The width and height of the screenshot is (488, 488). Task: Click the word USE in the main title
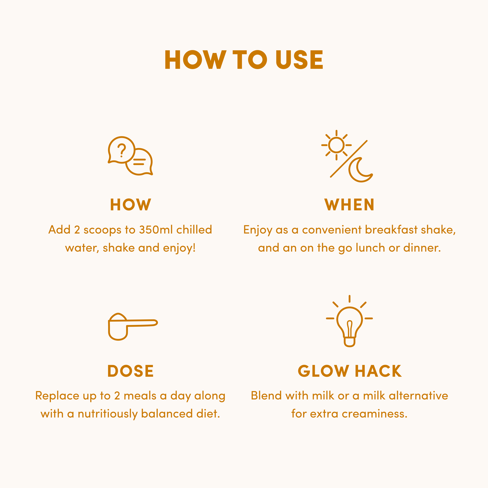[x=299, y=60]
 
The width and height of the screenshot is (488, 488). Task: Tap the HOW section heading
[x=131, y=205]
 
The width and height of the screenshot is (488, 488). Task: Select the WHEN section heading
[x=349, y=205]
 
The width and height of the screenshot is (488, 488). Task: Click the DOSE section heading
[x=131, y=371]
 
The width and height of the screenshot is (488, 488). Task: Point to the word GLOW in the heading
[x=323, y=371]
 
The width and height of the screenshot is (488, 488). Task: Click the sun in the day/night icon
[x=336, y=145]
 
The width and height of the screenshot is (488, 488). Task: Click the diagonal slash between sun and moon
[x=349, y=159]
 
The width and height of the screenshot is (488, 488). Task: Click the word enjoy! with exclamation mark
[x=179, y=248]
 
